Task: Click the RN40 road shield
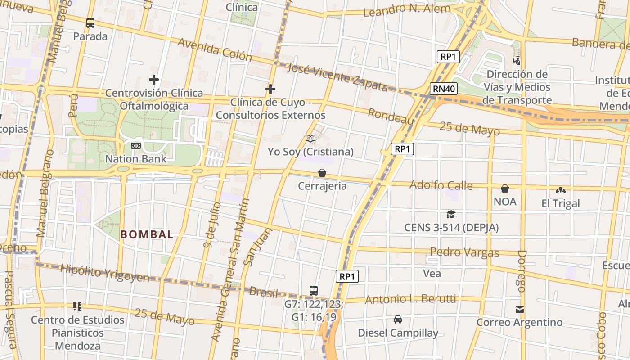(x=443, y=89)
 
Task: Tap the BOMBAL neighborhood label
(x=147, y=234)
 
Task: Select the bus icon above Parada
(x=90, y=23)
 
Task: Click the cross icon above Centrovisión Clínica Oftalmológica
(x=154, y=80)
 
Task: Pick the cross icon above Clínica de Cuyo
(x=270, y=89)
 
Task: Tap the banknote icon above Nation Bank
(x=136, y=146)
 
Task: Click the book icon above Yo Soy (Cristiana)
(x=310, y=138)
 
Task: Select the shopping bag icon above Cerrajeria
(x=322, y=173)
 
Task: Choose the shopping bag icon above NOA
(x=505, y=189)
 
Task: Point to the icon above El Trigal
(x=561, y=190)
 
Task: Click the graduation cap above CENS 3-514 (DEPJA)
(x=451, y=215)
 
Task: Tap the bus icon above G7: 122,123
(x=314, y=291)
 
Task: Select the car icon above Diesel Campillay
(x=398, y=319)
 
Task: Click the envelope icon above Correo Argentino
(x=520, y=309)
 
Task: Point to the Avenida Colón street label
(x=215, y=49)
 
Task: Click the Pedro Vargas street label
(x=464, y=252)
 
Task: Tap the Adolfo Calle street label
(x=441, y=185)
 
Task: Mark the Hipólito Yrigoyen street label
(x=104, y=274)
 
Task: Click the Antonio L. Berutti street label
(x=410, y=299)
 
